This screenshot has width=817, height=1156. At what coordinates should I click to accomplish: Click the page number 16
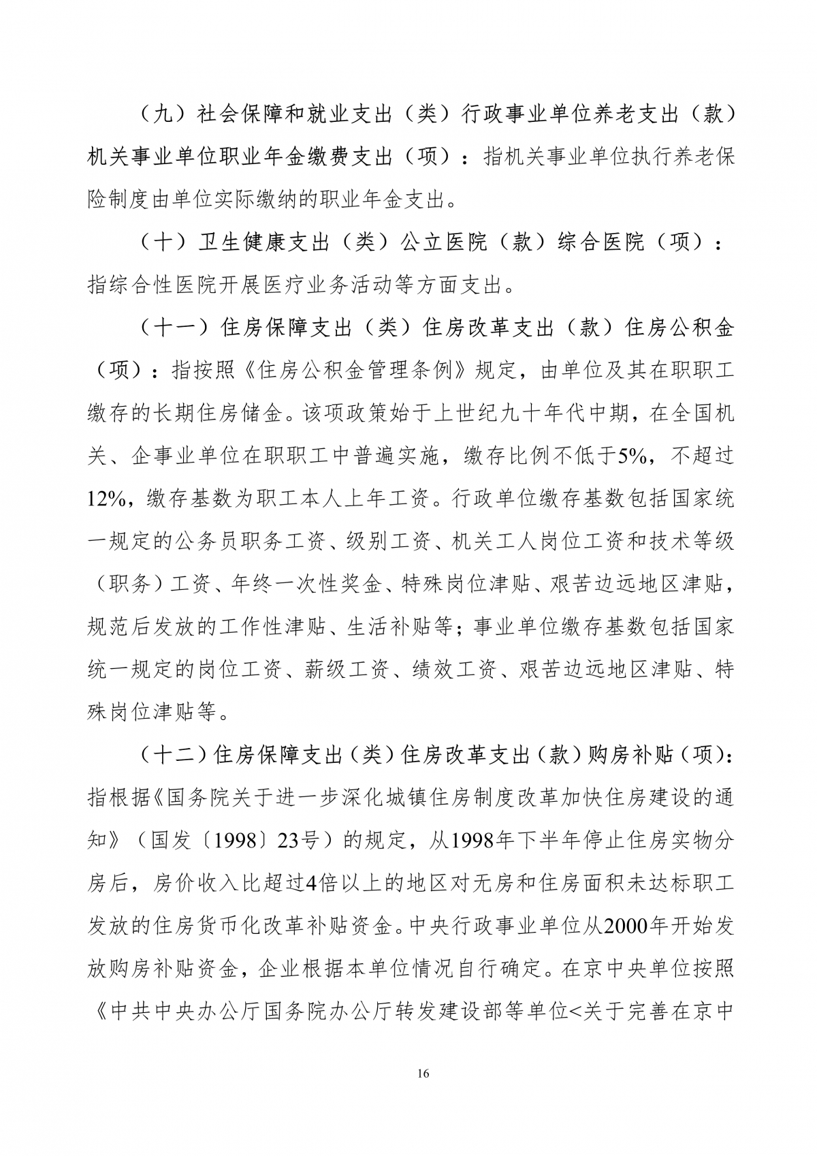422,1074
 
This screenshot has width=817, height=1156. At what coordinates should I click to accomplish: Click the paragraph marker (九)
159,114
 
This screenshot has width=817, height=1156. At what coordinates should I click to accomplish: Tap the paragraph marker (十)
159,242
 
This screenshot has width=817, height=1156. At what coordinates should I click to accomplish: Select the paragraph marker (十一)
174,328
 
